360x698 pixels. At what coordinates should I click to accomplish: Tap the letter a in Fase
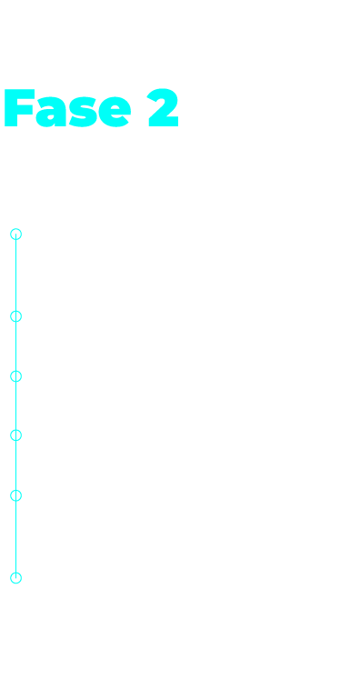tap(51, 112)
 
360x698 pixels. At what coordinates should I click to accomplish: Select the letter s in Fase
tap(83, 112)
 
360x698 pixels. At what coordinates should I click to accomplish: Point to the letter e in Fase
tap(115, 112)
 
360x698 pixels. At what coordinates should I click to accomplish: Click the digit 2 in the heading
tap(163, 107)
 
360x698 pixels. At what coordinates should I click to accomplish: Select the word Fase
tap(67, 108)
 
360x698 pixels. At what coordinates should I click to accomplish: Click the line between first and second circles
tap(16, 275)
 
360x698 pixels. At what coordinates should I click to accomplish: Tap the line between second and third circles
tap(16, 346)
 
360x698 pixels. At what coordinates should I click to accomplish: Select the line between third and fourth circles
tap(16, 405)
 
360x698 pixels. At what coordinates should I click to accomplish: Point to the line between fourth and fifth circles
tap(16, 465)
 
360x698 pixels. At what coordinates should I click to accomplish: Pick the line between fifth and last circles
tap(16, 536)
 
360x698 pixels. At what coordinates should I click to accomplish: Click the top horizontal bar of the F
tap(20, 94)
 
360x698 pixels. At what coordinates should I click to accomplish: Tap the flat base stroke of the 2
tap(164, 122)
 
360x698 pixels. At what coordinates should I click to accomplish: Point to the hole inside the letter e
tap(115, 107)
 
